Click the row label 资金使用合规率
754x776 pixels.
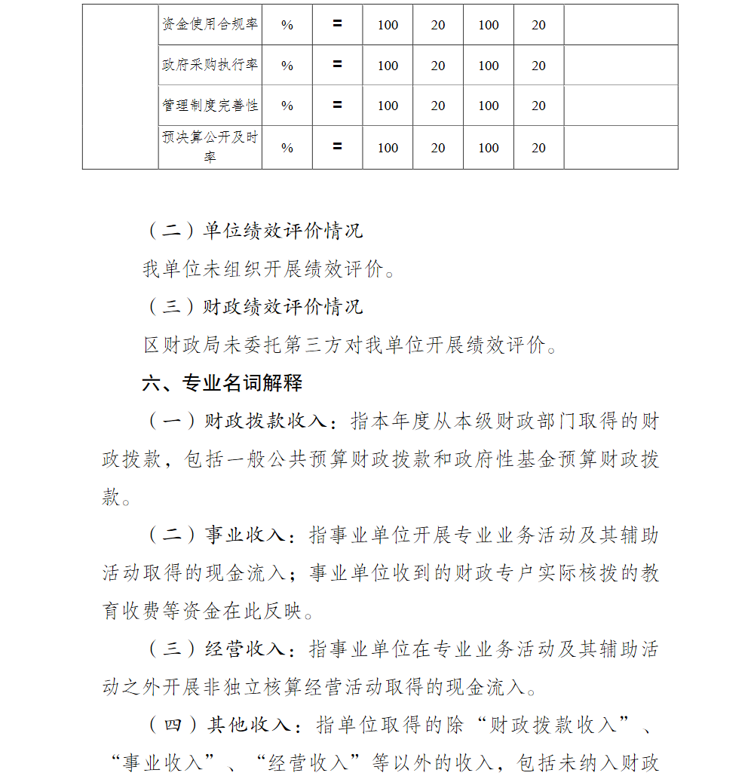pyautogui.click(x=210, y=24)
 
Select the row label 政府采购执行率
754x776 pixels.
pyautogui.click(x=210, y=65)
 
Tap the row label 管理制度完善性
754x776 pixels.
pyautogui.click(x=210, y=106)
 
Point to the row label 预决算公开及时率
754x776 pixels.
pyautogui.click(x=210, y=147)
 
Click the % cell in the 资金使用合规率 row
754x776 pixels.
pyautogui.click(x=287, y=25)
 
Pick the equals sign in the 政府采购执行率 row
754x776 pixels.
pyautogui.click(x=337, y=65)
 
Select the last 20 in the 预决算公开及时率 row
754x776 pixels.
pyautogui.click(x=538, y=148)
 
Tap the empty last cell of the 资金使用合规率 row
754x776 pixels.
pyautogui.click(x=621, y=25)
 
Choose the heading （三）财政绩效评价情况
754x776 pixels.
pyautogui.click(x=253, y=307)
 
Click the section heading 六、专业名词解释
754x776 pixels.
pyautogui.click(x=222, y=383)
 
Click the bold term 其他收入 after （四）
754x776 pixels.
pyautogui.click(x=249, y=725)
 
